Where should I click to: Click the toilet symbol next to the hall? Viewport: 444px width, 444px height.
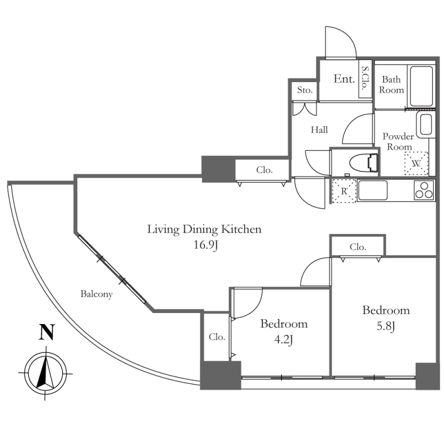[x=364, y=163]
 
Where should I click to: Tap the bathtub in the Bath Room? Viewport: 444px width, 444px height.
[x=421, y=86]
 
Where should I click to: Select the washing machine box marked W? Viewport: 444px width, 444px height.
[x=416, y=163]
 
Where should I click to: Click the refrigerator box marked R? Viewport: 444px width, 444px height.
[x=344, y=191]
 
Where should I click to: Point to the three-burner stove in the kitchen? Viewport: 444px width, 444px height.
[x=424, y=190]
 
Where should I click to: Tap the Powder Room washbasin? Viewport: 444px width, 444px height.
[x=425, y=125]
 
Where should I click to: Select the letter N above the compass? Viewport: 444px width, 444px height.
[x=47, y=332]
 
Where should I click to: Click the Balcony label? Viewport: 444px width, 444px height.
[x=96, y=295]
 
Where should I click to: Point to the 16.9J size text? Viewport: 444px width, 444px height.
[x=204, y=245]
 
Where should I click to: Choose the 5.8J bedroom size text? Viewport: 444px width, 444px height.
[x=386, y=326]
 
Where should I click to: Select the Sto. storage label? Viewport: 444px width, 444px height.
[x=305, y=90]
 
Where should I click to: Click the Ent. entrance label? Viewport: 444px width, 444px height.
[x=344, y=79]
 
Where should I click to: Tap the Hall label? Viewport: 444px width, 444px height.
[x=319, y=130]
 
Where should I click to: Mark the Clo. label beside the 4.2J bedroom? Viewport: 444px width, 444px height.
[x=216, y=337]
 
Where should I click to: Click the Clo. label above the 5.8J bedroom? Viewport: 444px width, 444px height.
[x=358, y=247]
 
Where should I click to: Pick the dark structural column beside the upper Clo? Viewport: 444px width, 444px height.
[x=218, y=169]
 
